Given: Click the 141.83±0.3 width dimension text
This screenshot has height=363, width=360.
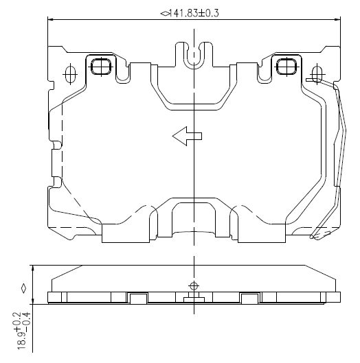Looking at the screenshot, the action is (x=193, y=13).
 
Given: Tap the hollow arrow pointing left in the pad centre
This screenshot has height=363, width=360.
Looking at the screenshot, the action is (x=187, y=136).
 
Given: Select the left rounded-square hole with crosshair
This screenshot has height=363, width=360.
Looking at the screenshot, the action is (x=101, y=67).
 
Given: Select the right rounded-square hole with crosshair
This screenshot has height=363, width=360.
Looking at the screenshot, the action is (x=286, y=67).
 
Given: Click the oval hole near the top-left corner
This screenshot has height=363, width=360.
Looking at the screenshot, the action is (x=70, y=74).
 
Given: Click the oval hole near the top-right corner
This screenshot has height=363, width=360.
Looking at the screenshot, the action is (x=317, y=74).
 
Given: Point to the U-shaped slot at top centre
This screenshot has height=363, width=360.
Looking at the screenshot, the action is (x=194, y=56).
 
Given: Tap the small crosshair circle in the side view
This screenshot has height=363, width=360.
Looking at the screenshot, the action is (x=194, y=286).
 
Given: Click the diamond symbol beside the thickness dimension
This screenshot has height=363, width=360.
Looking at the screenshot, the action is (x=23, y=289).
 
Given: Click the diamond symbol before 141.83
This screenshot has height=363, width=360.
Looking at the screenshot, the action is (x=164, y=14).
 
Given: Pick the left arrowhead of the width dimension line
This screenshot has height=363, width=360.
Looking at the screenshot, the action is (x=52, y=20).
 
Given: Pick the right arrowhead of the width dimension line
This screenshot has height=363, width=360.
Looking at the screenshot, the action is (x=337, y=20).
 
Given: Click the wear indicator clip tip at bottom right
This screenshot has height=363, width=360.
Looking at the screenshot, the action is (x=313, y=237).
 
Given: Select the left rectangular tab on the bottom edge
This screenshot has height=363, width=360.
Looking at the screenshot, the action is (x=126, y=233).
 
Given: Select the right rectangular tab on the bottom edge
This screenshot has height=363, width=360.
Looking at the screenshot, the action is (x=262, y=233).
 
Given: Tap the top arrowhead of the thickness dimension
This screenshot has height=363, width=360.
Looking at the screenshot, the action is (x=33, y=269).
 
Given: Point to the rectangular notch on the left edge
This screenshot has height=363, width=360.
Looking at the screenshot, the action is (x=57, y=163).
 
